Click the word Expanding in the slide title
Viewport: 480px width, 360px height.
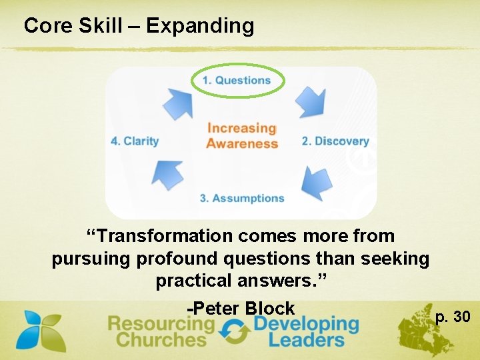tap(200, 26)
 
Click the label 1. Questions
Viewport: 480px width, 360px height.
tap(237, 81)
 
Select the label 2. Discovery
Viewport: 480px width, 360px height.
tap(335, 141)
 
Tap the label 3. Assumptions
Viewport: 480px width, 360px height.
tap(242, 198)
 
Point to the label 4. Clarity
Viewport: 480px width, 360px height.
tap(135, 141)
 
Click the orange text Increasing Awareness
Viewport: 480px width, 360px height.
tap(241, 135)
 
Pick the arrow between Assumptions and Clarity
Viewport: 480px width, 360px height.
tap(168, 175)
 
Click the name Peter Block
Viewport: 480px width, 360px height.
tap(241, 308)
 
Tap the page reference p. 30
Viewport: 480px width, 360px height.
tap(453, 316)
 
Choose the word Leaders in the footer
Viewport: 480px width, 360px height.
tap(306, 339)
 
